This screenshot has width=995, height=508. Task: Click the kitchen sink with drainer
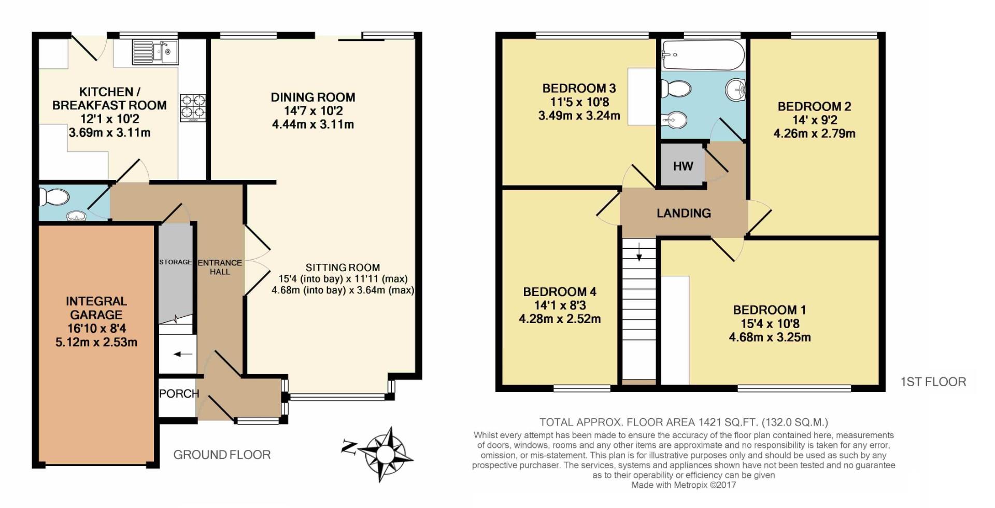tap(155, 52)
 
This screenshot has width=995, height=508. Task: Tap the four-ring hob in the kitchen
tap(193, 107)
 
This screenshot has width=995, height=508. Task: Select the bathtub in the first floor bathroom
tap(703, 55)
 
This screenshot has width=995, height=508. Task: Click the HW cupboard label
tap(683, 166)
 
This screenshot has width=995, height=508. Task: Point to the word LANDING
tap(684, 213)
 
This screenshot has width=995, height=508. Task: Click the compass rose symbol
tap(385, 453)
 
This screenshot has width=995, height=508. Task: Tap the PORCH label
tap(179, 393)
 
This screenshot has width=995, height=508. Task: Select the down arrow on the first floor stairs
tap(639, 252)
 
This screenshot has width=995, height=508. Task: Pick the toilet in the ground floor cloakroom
tap(56, 197)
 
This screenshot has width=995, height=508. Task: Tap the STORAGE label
tap(175, 262)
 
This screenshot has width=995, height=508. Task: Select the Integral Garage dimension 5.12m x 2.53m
tap(96, 342)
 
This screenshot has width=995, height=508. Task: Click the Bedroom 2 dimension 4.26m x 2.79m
tap(814, 134)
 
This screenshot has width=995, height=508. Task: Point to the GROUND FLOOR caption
tap(222, 455)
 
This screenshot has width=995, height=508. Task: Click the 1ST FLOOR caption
tap(933, 382)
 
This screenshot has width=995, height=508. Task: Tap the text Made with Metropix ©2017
tap(684, 485)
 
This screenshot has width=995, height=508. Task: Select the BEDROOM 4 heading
tap(560, 292)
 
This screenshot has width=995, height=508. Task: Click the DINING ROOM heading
tap(313, 97)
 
